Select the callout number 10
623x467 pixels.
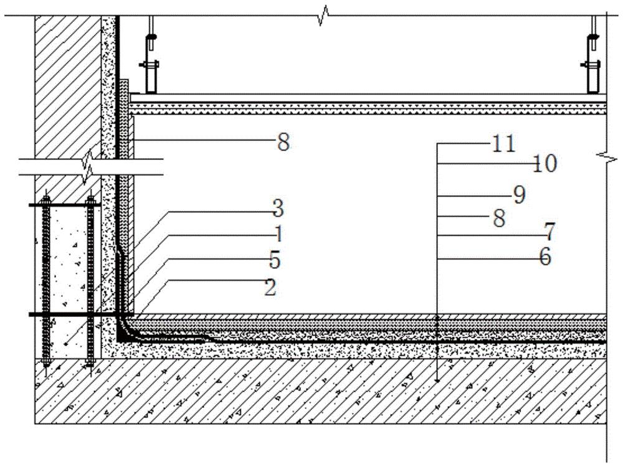(545, 163)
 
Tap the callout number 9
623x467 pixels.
(520, 195)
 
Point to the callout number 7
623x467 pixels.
(549, 232)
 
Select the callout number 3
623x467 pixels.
(278, 209)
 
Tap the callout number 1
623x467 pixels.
(278, 234)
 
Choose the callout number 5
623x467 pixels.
(275, 260)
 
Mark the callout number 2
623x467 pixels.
(270, 287)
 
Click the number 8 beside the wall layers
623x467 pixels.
(283, 142)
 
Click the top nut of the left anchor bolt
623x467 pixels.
(46, 200)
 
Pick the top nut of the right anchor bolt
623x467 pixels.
(90, 200)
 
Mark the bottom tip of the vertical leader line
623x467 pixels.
(437, 381)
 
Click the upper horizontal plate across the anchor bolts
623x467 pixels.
(65, 205)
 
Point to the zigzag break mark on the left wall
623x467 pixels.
(87, 167)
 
